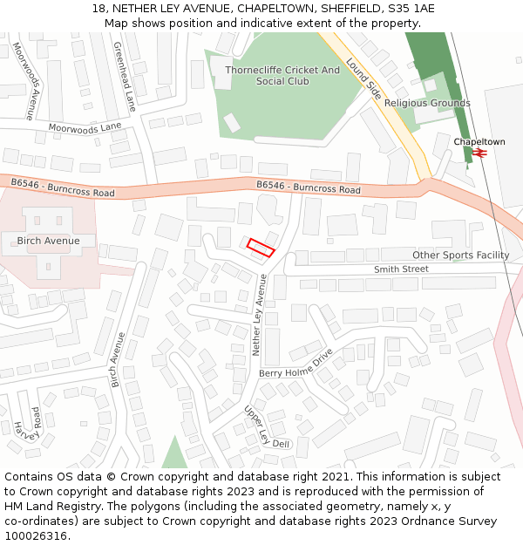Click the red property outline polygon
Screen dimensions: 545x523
pyautogui.click(x=261, y=248)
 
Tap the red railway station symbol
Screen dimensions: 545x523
pyautogui.click(x=479, y=153)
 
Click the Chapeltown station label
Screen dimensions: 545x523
pyautogui.click(x=479, y=141)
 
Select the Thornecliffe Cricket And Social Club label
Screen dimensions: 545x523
pyautogui.click(x=282, y=76)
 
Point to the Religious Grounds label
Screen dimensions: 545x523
pyautogui.click(x=427, y=103)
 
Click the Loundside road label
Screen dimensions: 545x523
pyautogui.click(x=364, y=77)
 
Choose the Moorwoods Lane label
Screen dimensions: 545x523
pyautogui.click(x=85, y=126)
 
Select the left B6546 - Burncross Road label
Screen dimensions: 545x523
pyautogui.click(x=63, y=187)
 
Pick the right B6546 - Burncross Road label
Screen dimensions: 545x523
pyautogui.click(x=309, y=187)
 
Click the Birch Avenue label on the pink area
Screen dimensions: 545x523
pyautogui.click(x=48, y=241)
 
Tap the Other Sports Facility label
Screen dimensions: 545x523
pyautogui.click(x=460, y=255)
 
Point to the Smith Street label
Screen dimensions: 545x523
pyautogui.click(x=401, y=269)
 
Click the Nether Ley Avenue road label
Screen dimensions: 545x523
pyautogui.click(x=257, y=315)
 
